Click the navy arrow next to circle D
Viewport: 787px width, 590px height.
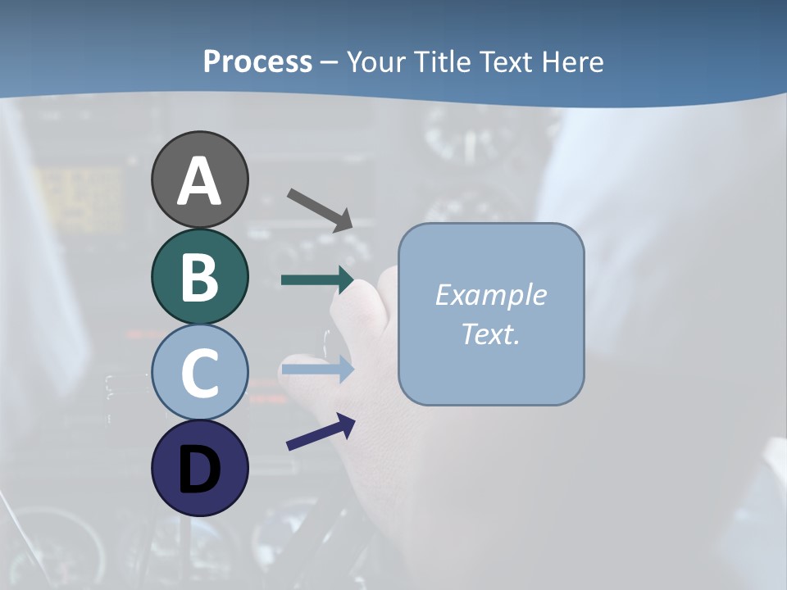(321, 432)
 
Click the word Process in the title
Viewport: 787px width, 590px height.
(257, 61)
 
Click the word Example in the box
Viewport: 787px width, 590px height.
(490, 295)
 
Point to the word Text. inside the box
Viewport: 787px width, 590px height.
(490, 334)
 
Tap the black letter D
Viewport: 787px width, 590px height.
(199, 469)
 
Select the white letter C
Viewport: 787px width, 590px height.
(199, 373)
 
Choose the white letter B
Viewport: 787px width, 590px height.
(199, 277)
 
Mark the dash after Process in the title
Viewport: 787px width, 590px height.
(329, 62)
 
